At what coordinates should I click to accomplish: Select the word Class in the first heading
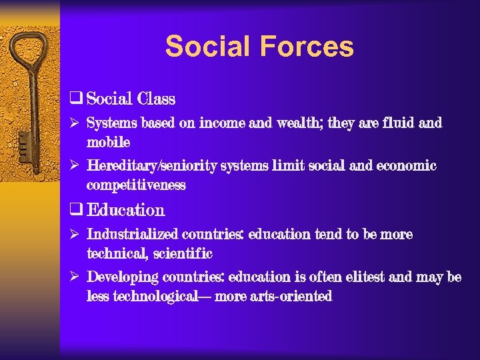pyautogui.click(x=155, y=99)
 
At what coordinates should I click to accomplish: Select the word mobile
pyautogui.click(x=108, y=142)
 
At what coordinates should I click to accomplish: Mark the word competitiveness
pyautogui.click(x=136, y=185)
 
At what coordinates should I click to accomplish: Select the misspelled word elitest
pyautogui.click(x=365, y=277)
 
